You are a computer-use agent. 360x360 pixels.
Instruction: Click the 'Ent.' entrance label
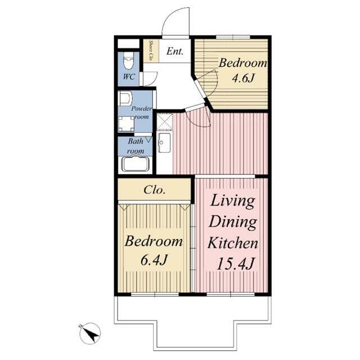(x=175, y=51)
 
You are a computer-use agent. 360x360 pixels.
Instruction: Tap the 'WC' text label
(x=129, y=76)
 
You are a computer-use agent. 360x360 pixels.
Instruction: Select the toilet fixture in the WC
(x=128, y=61)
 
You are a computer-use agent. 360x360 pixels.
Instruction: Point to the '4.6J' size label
(x=243, y=79)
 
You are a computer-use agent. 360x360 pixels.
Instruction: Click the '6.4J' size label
(x=154, y=260)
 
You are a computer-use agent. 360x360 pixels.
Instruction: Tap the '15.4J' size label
(x=235, y=264)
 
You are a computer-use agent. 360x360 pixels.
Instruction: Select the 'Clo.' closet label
(x=155, y=190)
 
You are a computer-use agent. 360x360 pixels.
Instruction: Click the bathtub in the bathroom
(x=134, y=164)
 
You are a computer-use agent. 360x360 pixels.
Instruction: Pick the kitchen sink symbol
(x=164, y=142)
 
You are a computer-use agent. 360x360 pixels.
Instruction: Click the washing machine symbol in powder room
(x=126, y=124)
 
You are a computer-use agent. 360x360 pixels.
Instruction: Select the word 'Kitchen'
(x=233, y=244)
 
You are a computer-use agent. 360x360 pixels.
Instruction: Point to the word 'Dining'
(x=233, y=223)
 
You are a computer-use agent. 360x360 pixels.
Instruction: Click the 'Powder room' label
(x=141, y=112)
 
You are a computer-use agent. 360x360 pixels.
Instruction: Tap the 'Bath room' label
(x=136, y=146)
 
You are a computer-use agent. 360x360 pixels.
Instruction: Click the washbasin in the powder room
(x=125, y=98)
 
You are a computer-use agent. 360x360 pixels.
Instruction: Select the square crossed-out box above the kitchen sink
(x=165, y=121)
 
